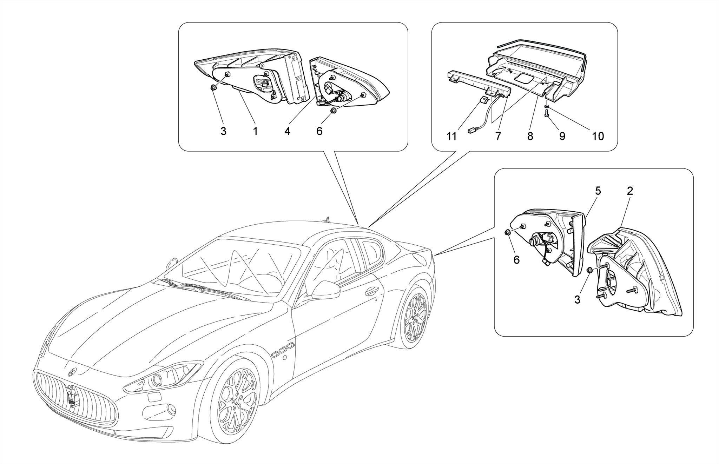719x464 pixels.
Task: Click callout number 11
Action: [x=451, y=136]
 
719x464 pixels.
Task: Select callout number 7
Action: [x=498, y=136]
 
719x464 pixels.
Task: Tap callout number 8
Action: [x=530, y=136]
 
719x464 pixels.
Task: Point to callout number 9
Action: [x=562, y=136]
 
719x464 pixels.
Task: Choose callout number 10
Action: [x=598, y=136]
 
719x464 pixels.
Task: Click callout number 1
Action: [x=255, y=131]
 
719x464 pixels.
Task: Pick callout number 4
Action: [x=287, y=131]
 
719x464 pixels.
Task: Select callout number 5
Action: [x=598, y=191]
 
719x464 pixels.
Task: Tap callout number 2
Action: [x=630, y=191]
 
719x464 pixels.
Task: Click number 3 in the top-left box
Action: [x=223, y=131]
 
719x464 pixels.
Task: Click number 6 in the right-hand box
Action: [x=516, y=260]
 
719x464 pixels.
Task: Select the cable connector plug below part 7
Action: [x=471, y=131]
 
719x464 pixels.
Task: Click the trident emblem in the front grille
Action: [x=73, y=396]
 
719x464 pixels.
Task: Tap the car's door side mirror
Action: [x=326, y=290]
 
